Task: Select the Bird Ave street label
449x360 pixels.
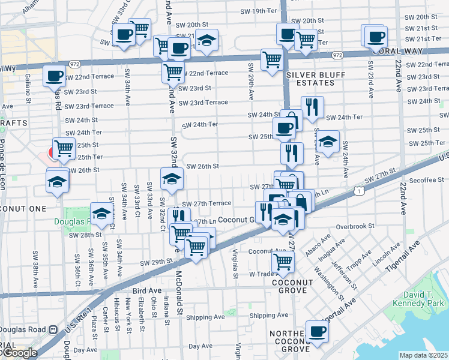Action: [148, 291]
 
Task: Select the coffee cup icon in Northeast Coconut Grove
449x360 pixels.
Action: [317, 331]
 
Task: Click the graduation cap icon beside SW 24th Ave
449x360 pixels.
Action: [328, 143]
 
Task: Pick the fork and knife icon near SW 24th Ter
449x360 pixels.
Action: [312, 107]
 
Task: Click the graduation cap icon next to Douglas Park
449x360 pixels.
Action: [101, 213]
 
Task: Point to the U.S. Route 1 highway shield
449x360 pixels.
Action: [358, 191]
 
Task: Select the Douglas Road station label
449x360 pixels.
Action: [24, 329]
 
